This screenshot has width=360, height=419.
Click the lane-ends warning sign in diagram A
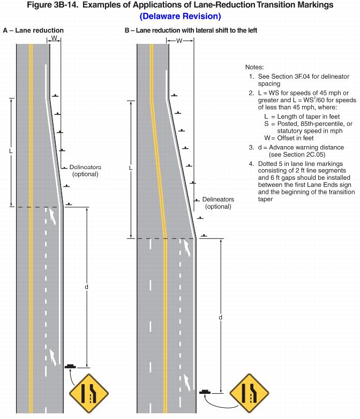89,393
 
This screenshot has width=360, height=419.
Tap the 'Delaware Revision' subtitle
180,16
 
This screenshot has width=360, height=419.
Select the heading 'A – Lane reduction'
33,31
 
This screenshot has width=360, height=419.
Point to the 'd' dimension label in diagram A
86,287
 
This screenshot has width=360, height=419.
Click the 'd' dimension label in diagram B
220,317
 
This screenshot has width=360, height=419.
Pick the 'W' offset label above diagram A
54,39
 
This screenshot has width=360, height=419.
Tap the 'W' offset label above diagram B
179,41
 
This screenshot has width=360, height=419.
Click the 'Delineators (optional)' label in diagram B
218,203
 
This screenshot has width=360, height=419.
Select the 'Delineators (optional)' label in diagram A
85,171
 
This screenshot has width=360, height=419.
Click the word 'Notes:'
254,67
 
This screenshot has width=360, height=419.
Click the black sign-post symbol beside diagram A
71,367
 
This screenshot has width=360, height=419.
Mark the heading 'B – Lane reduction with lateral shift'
191,31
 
